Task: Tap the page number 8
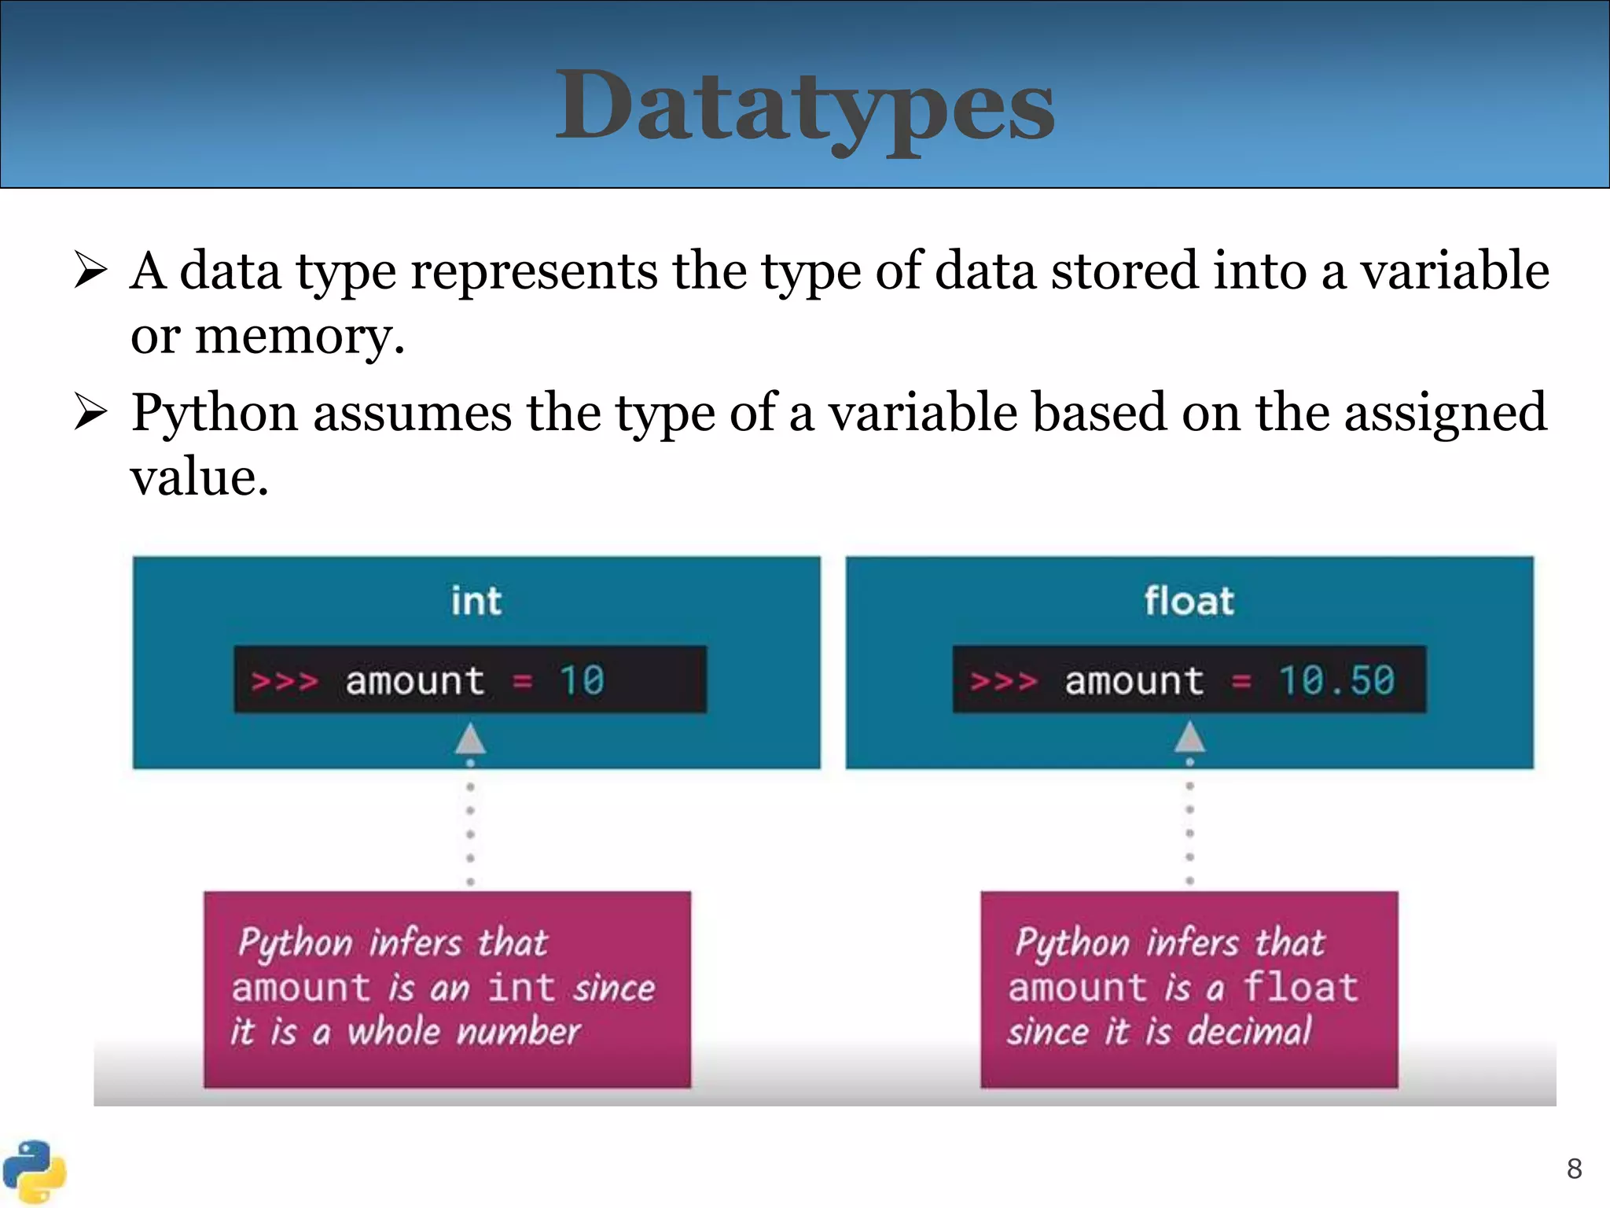point(1574,1169)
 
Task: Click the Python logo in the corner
point(33,1171)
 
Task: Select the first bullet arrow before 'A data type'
point(90,270)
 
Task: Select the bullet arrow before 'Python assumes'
point(90,412)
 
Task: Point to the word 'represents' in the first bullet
point(534,271)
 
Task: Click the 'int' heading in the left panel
point(476,602)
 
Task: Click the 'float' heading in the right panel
point(1189,602)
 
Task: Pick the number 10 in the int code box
point(581,680)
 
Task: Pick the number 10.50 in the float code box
point(1336,680)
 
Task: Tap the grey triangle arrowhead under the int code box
point(470,739)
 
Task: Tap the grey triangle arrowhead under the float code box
point(1189,738)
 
